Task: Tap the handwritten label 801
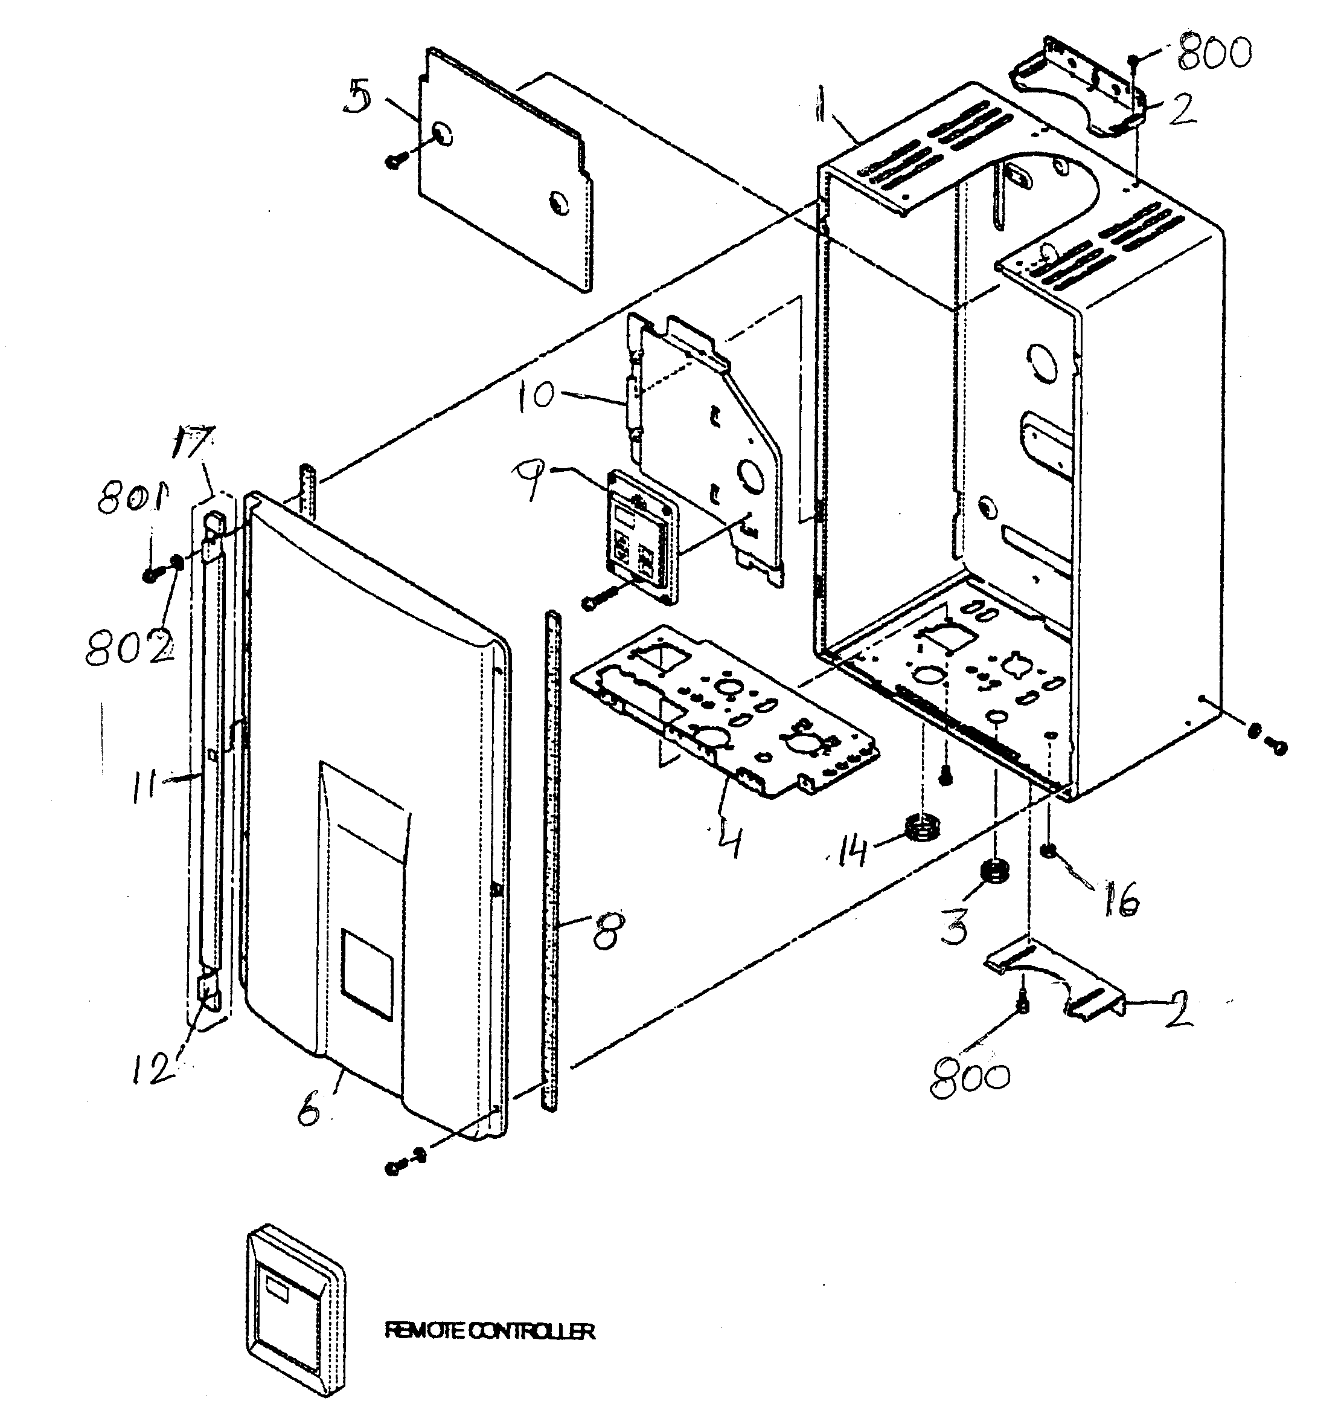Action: (129, 496)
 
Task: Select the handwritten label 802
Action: (129, 648)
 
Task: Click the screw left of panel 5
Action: (395, 161)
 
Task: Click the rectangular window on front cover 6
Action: (366, 974)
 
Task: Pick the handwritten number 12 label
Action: (153, 1068)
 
